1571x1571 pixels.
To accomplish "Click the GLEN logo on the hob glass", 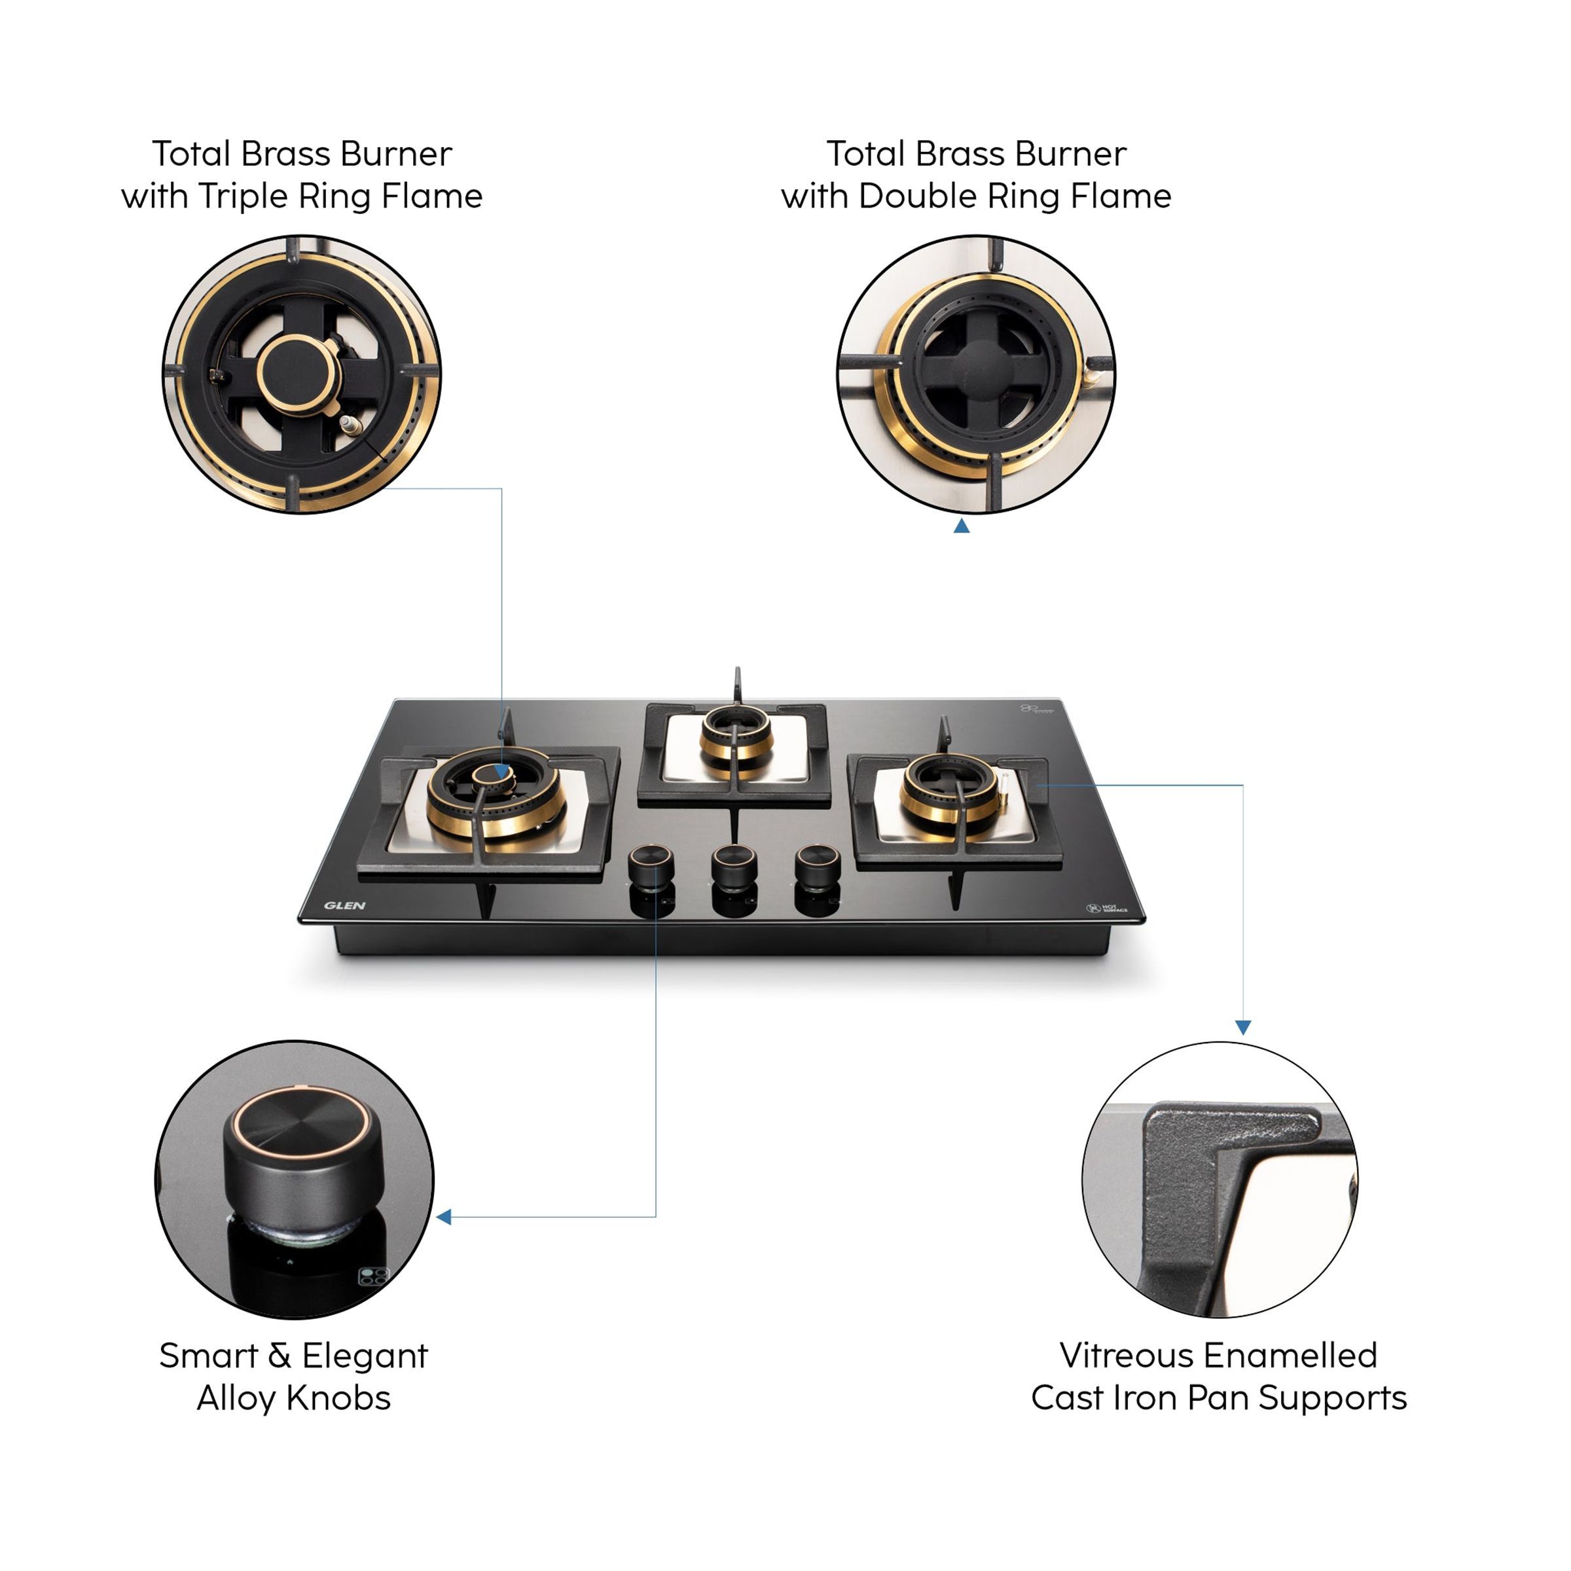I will (x=345, y=905).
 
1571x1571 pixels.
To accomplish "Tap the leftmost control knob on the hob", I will (x=651, y=865).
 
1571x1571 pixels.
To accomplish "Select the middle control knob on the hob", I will (x=734, y=865).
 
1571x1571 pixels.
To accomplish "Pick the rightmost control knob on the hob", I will (x=817, y=865).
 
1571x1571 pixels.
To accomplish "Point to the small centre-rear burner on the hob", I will (x=736, y=735).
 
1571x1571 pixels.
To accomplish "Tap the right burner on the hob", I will (x=950, y=788).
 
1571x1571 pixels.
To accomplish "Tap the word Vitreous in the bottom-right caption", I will (x=1126, y=1356).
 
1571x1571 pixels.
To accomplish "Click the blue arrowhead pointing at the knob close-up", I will (x=444, y=1216).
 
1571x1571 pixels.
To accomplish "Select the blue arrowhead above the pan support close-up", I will (x=1242, y=1028).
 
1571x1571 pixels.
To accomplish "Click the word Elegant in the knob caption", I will (x=365, y=1356).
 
